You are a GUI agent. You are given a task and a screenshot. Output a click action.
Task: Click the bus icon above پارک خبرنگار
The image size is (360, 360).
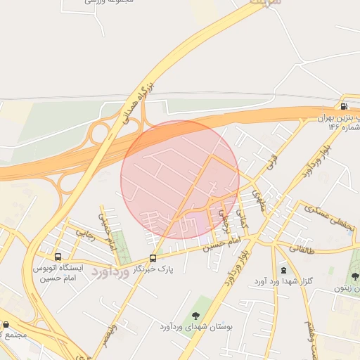point(153,258)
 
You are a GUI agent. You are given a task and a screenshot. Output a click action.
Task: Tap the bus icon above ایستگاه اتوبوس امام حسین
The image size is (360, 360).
point(58,257)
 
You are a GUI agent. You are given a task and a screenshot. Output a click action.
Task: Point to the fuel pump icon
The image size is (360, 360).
point(344,107)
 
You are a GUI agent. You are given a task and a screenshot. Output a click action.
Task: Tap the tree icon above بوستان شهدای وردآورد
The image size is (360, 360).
point(195,316)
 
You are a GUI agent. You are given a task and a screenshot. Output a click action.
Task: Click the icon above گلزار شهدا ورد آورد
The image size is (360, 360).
point(283,271)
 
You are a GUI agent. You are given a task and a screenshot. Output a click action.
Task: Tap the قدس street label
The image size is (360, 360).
point(271,166)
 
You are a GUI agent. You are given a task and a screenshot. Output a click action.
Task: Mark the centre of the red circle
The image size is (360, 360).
point(180,179)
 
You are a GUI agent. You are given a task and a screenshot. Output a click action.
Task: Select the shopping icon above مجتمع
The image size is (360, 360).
point(6,325)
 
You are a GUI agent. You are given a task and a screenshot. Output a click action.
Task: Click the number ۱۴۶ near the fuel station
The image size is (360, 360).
point(333,127)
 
